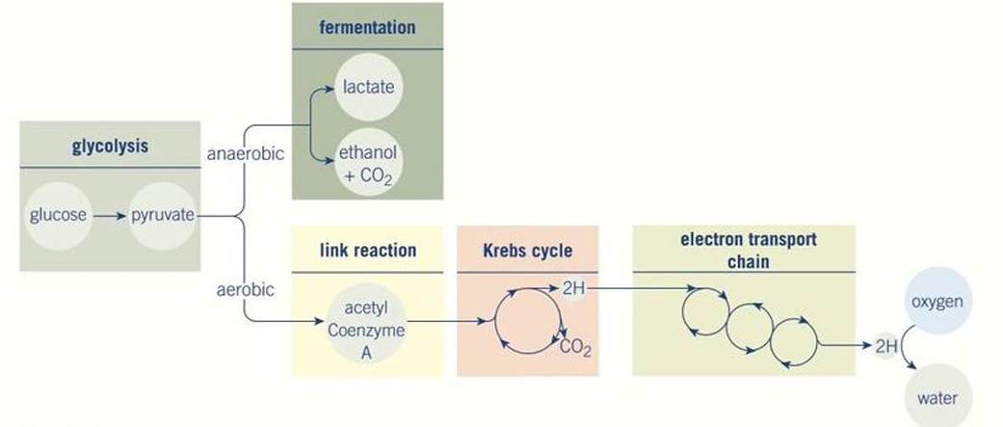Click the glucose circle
point(58,215)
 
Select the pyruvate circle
point(162,215)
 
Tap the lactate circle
point(368,87)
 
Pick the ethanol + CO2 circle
point(368,165)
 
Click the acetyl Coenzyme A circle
point(367,329)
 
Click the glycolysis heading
point(109,147)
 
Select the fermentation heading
point(367,27)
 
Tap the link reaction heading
point(367,251)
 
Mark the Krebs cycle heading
point(527,251)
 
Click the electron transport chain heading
point(743,250)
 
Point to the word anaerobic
point(245,153)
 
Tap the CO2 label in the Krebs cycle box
point(575,346)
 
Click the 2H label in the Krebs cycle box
point(572,288)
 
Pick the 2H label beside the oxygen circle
point(885,345)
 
